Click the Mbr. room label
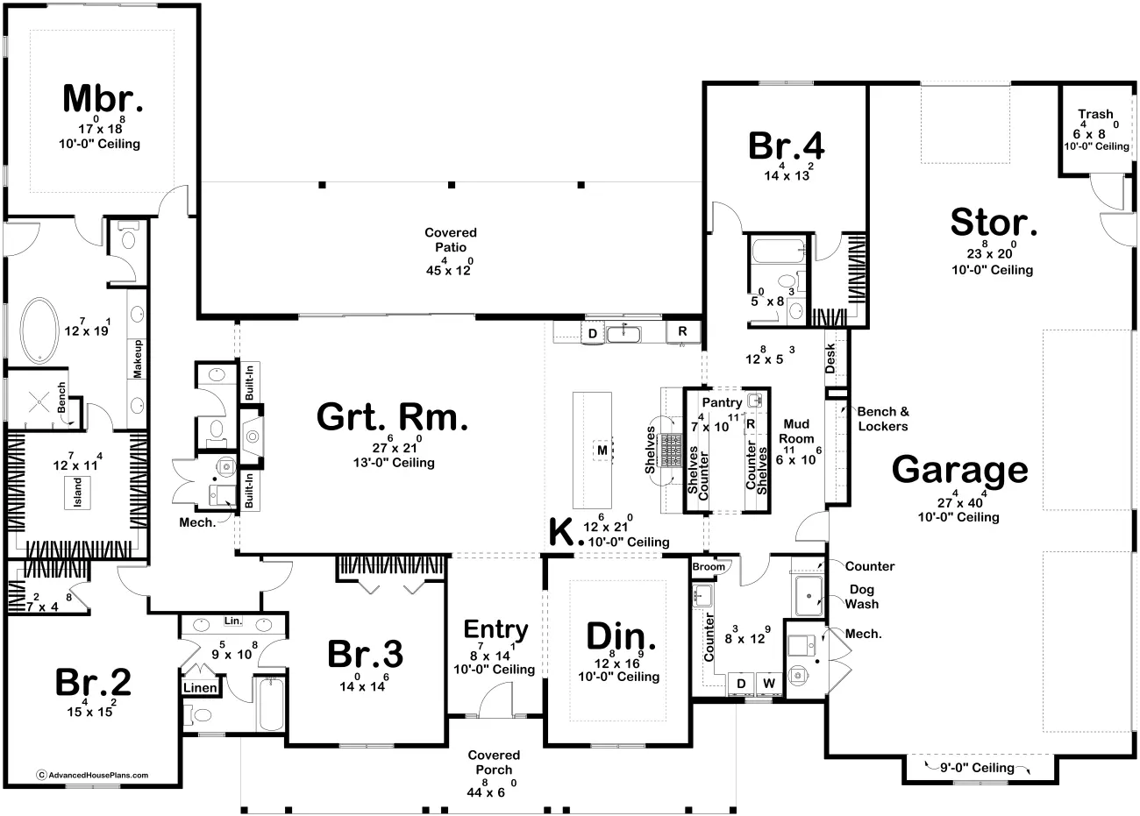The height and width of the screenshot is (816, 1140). pos(102,99)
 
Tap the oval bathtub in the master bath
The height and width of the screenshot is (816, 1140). pos(41,331)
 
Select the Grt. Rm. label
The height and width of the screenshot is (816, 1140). pos(392,418)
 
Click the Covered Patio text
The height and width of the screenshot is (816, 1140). pos(450,239)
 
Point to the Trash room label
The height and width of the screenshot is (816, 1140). pos(1095,114)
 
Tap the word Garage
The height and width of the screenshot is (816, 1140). pos(959,470)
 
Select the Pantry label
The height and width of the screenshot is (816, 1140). pos(723,402)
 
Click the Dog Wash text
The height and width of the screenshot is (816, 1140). pos(862,597)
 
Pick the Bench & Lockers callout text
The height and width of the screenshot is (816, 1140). pos(882,418)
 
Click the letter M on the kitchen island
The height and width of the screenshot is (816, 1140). pos(602,451)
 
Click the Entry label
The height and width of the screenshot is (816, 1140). pos(495,629)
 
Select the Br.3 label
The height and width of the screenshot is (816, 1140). pos(365,654)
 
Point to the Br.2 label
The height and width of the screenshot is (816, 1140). pos(93,681)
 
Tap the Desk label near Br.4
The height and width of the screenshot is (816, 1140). pos(830,357)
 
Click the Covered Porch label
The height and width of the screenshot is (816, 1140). pos(494,762)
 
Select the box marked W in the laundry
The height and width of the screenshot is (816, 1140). pos(769,683)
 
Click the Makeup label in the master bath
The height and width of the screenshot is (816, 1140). pos(138,358)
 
